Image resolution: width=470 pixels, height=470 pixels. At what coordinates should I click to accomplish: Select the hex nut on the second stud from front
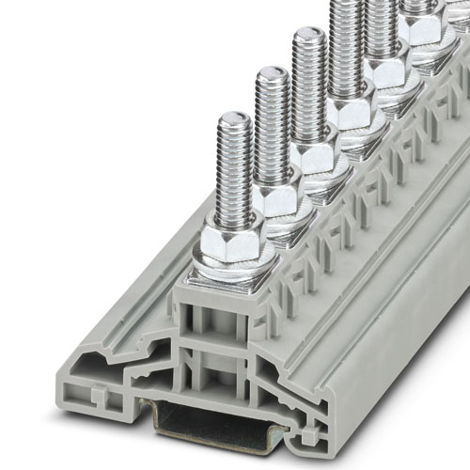(x=274, y=198)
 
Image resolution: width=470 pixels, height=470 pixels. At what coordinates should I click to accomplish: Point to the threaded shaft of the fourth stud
(x=345, y=47)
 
